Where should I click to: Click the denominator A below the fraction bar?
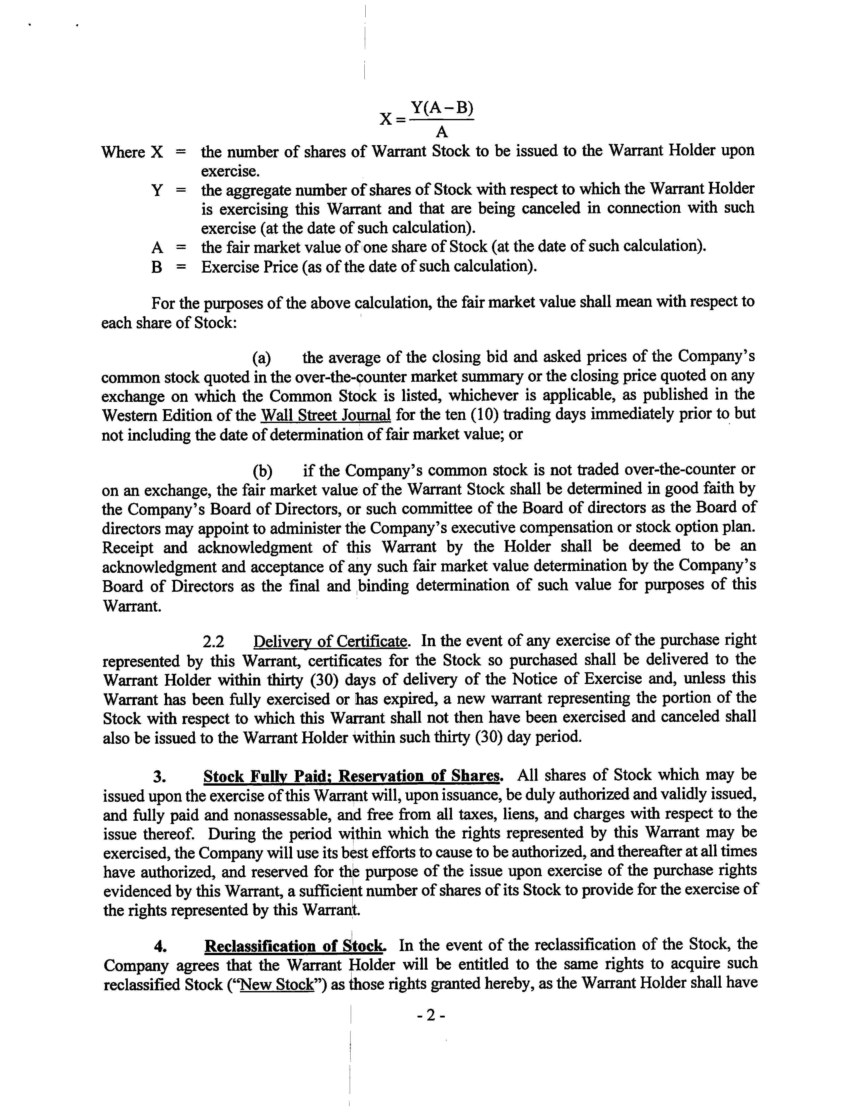tap(442, 132)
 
